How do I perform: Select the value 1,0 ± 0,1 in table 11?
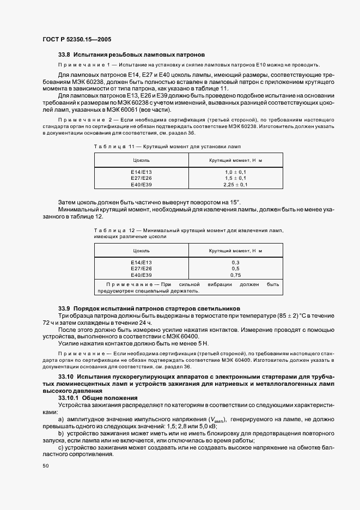[x=235, y=172]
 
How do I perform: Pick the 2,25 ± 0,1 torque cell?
[x=235, y=185]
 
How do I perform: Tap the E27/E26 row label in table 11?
[x=141, y=178]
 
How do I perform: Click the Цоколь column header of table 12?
[x=141, y=251]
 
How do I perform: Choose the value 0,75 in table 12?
[x=235, y=275]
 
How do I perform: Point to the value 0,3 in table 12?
[x=235, y=262]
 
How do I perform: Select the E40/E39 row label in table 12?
[x=141, y=275]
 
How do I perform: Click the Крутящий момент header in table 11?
[x=235, y=160]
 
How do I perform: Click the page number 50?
[x=45, y=466]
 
